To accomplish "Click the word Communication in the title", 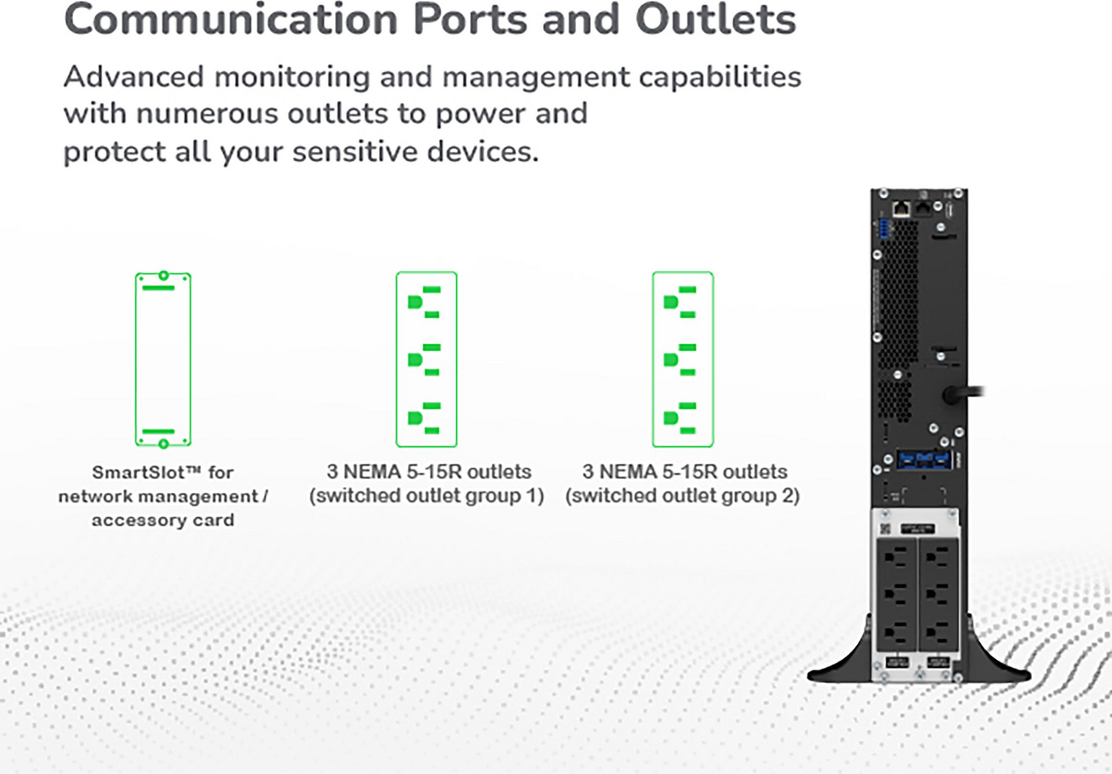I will [231, 20].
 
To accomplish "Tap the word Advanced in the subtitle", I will [133, 77].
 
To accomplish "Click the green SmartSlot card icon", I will [163, 360].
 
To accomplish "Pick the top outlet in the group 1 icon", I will [425, 302].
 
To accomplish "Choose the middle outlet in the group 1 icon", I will [425, 360].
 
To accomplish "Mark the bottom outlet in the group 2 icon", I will [681, 418].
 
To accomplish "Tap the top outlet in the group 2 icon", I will [681, 302].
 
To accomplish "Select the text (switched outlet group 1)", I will [426, 496].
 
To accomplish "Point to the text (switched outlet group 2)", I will [682, 496].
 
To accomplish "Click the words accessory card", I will [162, 520].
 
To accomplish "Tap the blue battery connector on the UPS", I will [923, 459].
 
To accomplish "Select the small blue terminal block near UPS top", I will [883, 229].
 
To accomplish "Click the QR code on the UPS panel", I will [885, 529].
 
